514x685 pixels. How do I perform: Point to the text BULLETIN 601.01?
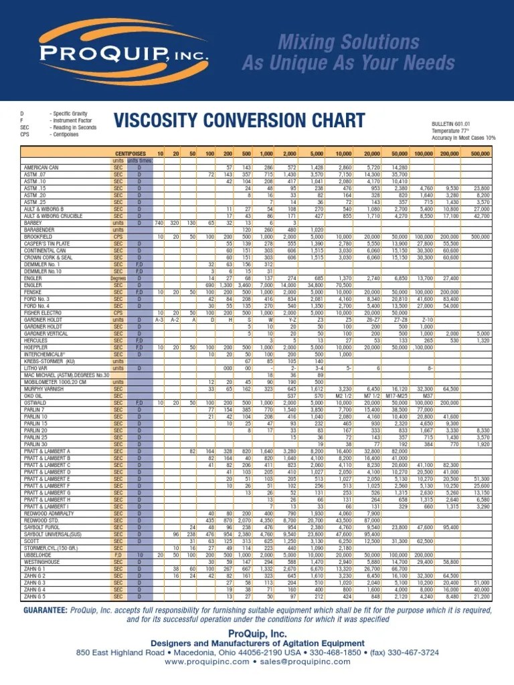(x=452, y=124)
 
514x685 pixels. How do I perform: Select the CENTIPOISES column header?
(x=129, y=154)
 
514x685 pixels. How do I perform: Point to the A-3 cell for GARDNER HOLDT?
(x=159, y=319)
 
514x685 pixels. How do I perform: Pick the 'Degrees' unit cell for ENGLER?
(x=118, y=278)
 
